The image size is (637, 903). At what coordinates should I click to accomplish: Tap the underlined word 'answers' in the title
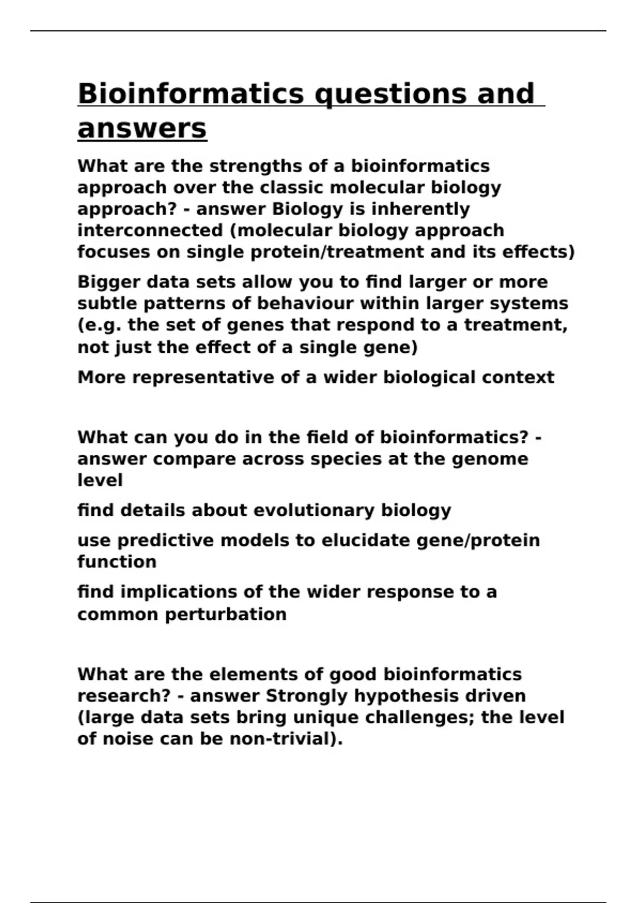click(142, 129)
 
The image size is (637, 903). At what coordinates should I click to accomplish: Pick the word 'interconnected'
click(150, 231)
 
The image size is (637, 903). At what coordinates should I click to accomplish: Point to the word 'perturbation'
click(226, 615)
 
